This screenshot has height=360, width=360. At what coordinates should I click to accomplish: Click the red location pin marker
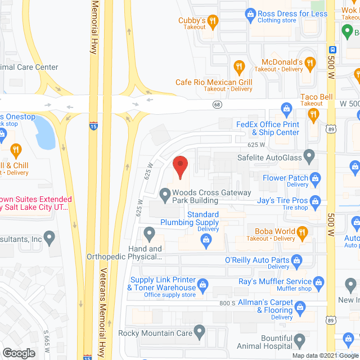(x=179, y=167)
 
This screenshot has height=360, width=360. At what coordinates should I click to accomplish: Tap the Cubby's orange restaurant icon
(x=213, y=22)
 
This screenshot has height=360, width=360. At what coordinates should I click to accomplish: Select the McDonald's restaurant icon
(x=239, y=66)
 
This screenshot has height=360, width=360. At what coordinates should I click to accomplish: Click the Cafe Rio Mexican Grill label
(x=213, y=83)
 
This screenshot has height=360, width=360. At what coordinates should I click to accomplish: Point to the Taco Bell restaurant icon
(x=313, y=115)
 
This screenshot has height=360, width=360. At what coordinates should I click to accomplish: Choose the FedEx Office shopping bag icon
(x=286, y=108)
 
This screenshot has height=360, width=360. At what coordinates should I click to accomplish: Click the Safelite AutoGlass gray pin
(x=309, y=155)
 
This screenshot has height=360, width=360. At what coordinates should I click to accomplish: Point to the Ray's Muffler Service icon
(x=319, y=281)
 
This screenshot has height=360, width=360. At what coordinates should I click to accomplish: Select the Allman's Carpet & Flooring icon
(x=300, y=307)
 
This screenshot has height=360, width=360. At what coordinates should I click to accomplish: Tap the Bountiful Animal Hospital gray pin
(x=300, y=340)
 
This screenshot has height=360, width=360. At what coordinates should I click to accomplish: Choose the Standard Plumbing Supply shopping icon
(x=206, y=240)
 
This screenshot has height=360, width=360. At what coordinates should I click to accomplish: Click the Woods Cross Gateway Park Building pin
(x=165, y=196)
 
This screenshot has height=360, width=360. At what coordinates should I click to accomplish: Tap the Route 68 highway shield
(x=217, y=105)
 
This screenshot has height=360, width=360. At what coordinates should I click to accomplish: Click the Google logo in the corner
(x=19, y=353)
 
